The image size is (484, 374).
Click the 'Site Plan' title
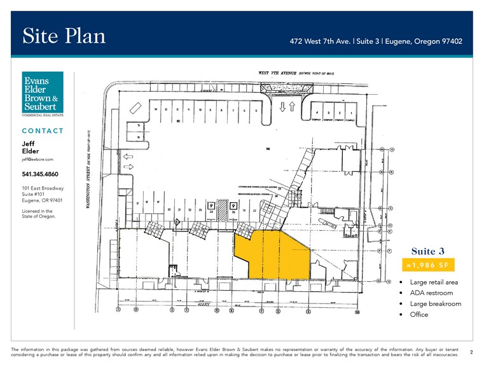tap(64, 36)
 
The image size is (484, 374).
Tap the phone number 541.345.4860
tap(40, 174)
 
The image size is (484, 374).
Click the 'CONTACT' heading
tap(43, 131)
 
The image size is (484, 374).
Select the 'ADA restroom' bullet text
tap(431, 293)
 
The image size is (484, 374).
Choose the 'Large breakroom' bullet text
tap(436, 303)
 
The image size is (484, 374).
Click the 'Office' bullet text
tap(419, 314)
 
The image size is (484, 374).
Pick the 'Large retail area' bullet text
tap(434, 282)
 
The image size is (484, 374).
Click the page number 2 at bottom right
tap(471, 351)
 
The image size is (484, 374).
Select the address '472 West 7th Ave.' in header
tap(319, 41)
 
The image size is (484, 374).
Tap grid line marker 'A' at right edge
tap(392, 150)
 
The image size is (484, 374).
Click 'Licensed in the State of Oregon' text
tap(39, 213)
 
